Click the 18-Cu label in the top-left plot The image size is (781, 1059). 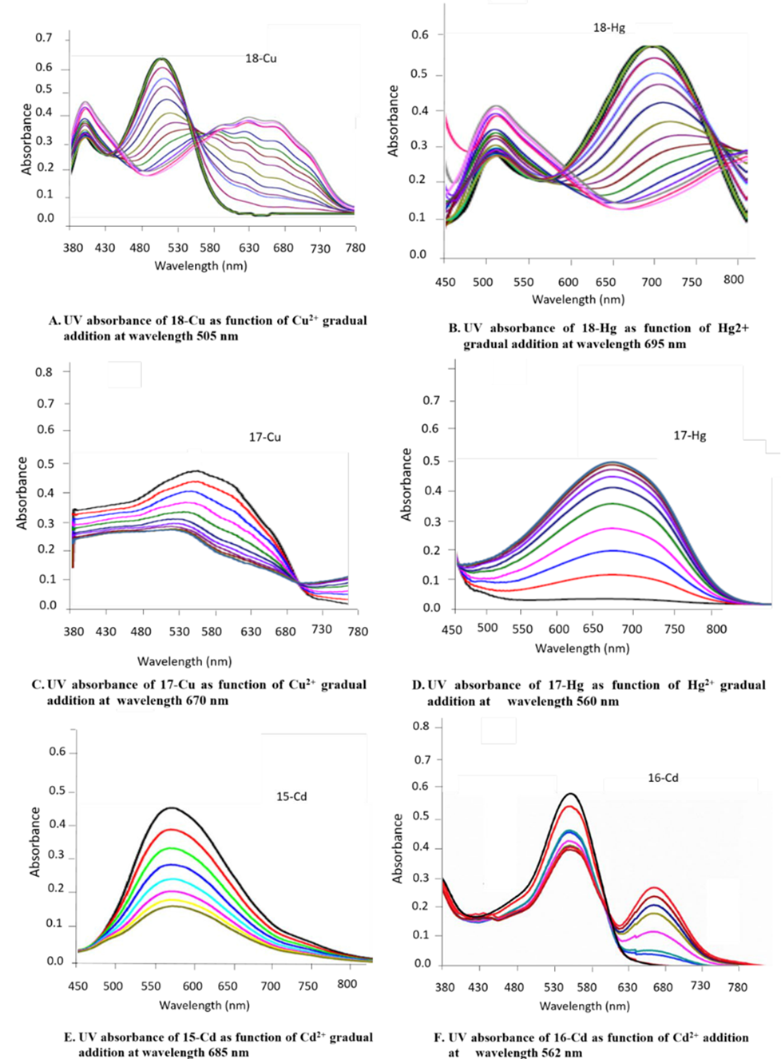pos(261,58)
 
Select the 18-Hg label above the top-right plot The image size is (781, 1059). pos(609,28)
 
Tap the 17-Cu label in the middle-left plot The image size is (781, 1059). pos(265,438)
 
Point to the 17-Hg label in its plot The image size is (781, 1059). pos(690,436)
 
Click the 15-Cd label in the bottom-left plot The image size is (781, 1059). pos(291,796)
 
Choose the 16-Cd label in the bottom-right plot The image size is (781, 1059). pos(663,778)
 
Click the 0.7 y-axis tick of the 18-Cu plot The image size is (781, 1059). pos(44,38)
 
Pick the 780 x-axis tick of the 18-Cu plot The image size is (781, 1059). pos(355,248)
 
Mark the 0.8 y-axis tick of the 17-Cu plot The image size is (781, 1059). pos(44,372)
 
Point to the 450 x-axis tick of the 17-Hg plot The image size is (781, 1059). pos(452,629)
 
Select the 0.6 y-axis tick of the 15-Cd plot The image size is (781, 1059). pos(57,752)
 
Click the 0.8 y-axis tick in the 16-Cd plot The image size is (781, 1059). pos(421,727)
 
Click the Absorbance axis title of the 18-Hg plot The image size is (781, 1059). pos(393,120)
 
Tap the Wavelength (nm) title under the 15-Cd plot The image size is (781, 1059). pos(204,1005)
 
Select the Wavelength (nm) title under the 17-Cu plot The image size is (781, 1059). pos(184,661)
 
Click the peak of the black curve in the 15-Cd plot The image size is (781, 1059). pos(171,807)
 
